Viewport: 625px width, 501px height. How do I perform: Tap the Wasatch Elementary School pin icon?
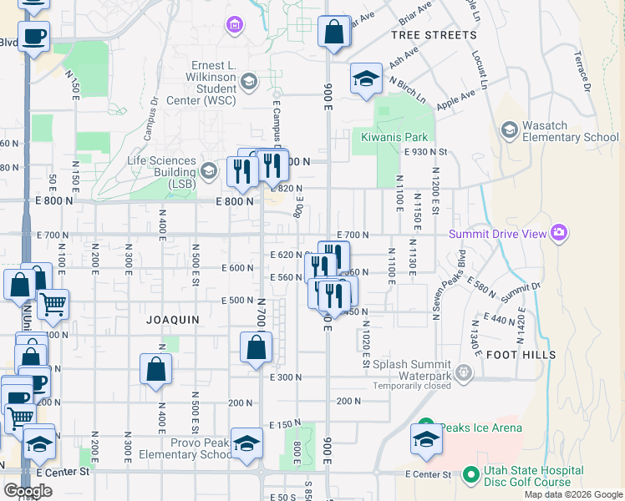point(509,130)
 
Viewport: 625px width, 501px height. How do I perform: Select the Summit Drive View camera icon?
point(559,233)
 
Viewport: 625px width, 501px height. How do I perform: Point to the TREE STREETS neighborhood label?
point(434,36)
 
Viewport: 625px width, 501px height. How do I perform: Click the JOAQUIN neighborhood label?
point(173,320)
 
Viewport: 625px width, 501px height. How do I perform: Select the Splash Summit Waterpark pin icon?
point(465,369)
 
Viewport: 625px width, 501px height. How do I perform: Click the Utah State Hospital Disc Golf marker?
point(470,475)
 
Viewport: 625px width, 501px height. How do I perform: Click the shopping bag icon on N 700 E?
point(256,347)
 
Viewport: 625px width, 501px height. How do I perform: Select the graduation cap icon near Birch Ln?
point(366,78)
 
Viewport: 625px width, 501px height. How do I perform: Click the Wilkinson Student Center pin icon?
point(248,81)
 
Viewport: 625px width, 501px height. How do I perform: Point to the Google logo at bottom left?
point(28,490)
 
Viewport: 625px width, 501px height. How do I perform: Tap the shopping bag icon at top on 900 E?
point(334,33)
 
